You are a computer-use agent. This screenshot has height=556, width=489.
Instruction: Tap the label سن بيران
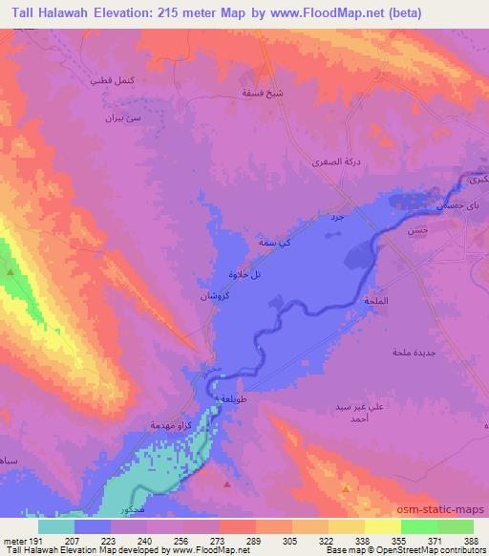pos(122,121)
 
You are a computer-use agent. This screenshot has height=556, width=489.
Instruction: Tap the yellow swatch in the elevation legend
pos(382,526)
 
